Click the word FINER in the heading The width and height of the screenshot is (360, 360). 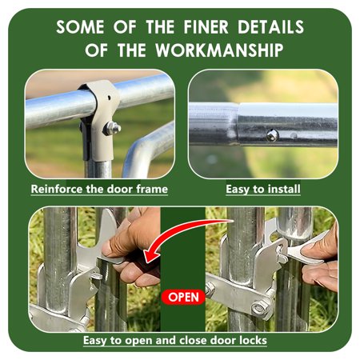[206, 26]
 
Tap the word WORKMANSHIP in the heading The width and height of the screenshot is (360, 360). [219, 50]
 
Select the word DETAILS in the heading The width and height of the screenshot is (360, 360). [270, 26]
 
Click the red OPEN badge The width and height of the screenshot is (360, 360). [183, 297]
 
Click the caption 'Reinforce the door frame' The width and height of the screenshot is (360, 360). [99, 189]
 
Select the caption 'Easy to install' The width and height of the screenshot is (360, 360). [263, 189]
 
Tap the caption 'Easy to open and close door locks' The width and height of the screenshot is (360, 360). [175, 340]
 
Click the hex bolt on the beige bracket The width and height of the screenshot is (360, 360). [112, 128]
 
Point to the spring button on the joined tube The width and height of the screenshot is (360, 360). [272, 136]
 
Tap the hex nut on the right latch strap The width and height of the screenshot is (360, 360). [259, 307]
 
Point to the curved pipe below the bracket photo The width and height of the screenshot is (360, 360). [146, 150]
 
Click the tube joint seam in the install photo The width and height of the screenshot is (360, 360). [238, 124]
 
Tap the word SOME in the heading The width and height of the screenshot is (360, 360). [80, 26]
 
